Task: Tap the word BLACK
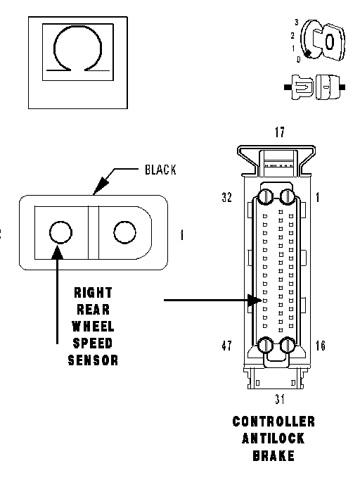(160, 170)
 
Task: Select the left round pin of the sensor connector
(60, 232)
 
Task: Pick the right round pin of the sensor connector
(124, 232)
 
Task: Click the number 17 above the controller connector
(280, 132)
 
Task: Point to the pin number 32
(226, 198)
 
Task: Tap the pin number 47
(226, 346)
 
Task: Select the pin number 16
(320, 346)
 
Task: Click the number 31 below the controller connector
(280, 399)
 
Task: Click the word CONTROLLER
(274, 422)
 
